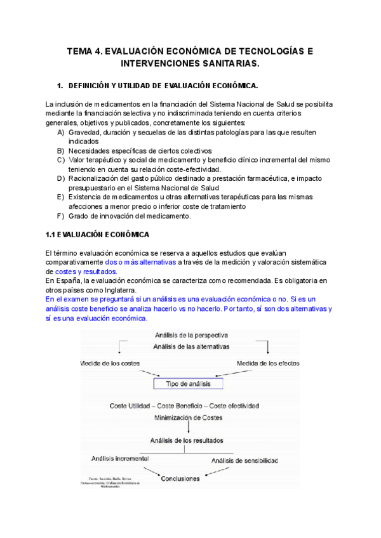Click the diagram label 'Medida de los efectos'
click(268, 363)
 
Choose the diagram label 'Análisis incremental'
click(121, 458)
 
